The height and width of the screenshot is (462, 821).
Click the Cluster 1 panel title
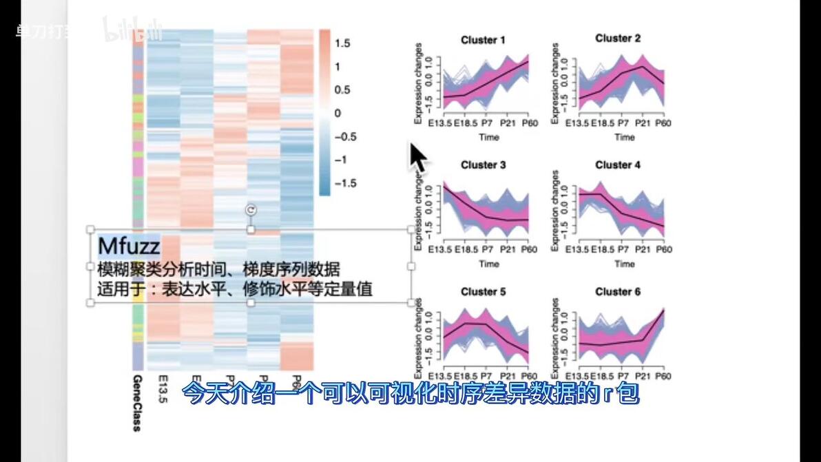483,40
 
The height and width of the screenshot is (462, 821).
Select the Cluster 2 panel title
618,39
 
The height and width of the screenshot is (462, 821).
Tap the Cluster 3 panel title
483,165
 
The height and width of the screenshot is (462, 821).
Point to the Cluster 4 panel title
618,165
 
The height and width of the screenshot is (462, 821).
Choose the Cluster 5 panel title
483,292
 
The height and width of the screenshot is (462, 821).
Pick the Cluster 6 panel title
618,292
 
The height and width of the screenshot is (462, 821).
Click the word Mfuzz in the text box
129,246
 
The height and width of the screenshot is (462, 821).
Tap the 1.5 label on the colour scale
342,43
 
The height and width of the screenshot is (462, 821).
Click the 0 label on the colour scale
337,113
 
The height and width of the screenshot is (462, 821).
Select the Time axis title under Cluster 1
489,137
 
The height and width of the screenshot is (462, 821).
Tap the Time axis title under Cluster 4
624,264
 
